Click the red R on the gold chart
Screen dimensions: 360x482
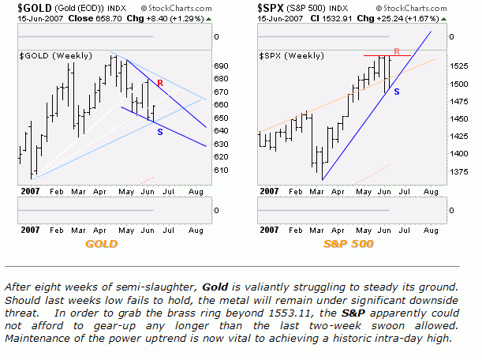pyautogui.click(x=160, y=82)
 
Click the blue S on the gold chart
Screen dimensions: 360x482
pyautogui.click(x=160, y=131)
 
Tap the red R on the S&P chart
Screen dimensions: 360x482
pyautogui.click(x=396, y=51)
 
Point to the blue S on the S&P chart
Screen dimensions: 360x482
pyautogui.click(x=396, y=92)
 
